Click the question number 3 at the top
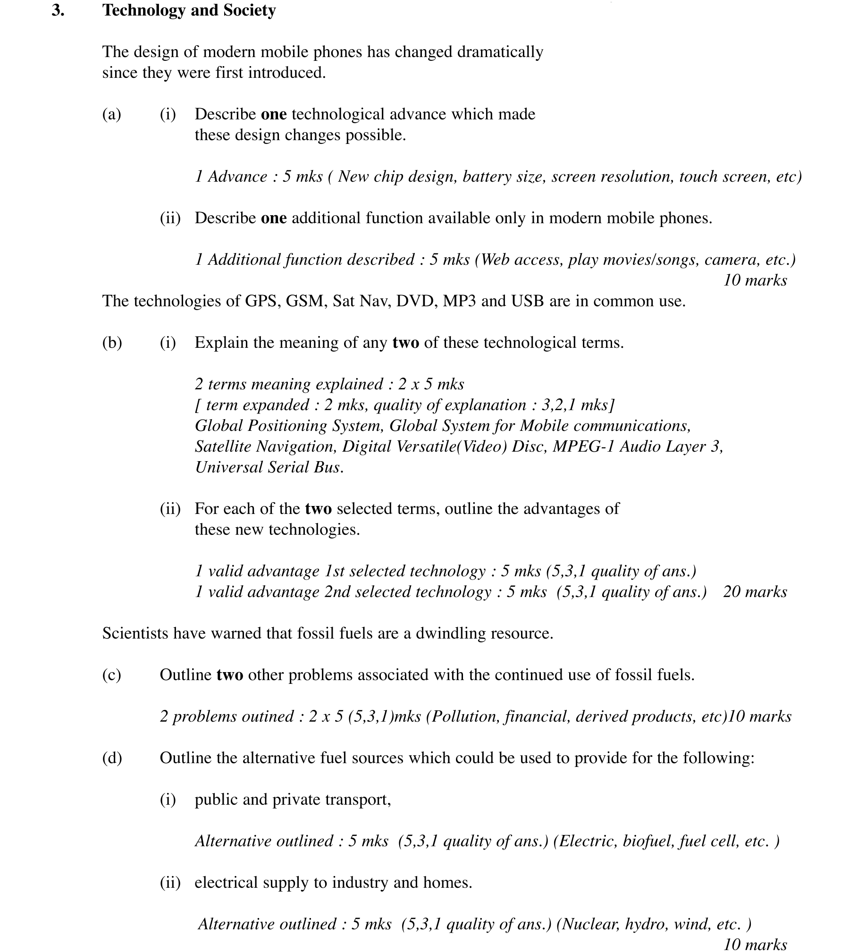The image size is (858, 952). point(58,10)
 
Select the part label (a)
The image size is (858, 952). point(111,114)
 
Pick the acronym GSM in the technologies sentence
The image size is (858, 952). point(306,301)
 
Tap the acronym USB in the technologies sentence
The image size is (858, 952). point(527,301)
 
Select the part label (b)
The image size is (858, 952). point(112,343)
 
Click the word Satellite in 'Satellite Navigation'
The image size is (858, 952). point(222,447)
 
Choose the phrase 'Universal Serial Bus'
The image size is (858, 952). point(269,467)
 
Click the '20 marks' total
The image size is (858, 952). point(755,592)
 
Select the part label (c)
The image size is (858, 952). point(111,675)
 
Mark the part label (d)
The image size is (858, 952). point(112,758)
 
